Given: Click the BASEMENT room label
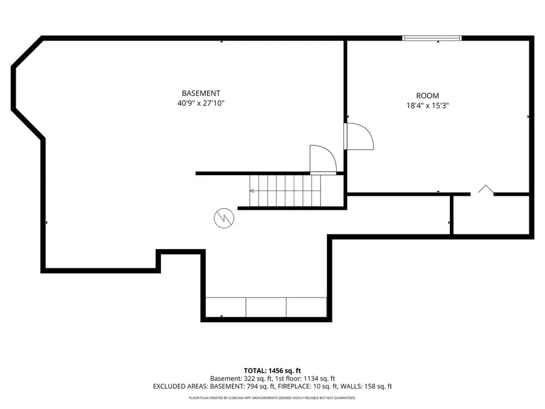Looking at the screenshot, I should (x=201, y=93).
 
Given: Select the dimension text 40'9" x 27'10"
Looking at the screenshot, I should (x=201, y=103).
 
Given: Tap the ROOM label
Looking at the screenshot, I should (x=427, y=96).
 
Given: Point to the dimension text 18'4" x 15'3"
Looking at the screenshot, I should (x=427, y=105).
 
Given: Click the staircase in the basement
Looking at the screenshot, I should (x=285, y=190).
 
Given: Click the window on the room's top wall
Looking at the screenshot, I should (x=432, y=38).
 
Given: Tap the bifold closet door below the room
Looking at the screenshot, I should (x=484, y=190).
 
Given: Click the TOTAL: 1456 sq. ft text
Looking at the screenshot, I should (x=272, y=370).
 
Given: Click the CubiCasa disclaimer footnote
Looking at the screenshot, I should (x=272, y=398).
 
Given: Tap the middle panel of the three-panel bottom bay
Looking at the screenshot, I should (x=266, y=307).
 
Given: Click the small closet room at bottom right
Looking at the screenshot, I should (x=492, y=215).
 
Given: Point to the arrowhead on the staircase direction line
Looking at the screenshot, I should (x=252, y=190).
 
